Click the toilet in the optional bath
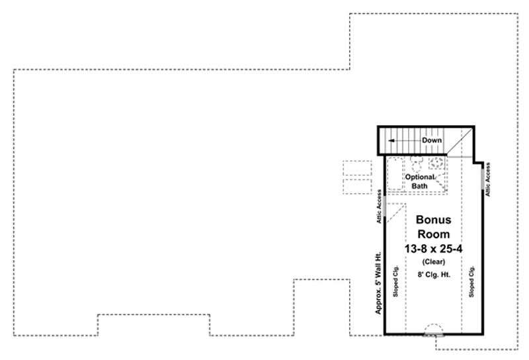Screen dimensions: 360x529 point(416,163)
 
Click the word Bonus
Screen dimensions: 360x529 point(432,220)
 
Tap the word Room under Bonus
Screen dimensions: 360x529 point(432,234)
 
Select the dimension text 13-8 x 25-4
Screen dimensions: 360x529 point(432,247)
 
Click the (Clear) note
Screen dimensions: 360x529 point(432,261)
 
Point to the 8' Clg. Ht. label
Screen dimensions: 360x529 point(433,275)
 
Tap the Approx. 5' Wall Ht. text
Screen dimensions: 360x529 point(378,285)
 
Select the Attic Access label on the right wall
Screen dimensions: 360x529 point(488,180)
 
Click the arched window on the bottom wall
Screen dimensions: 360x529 point(434,330)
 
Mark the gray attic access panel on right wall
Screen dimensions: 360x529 point(483,181)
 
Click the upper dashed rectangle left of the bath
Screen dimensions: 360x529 point(358,165)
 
